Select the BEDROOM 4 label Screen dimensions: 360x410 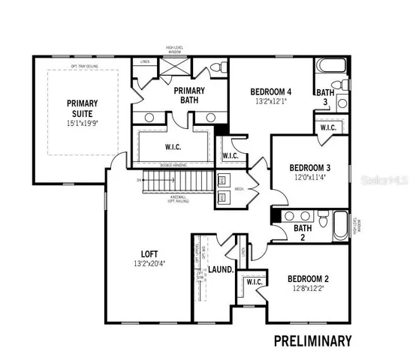click(270, 92)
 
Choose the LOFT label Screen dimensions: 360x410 click(146, 253)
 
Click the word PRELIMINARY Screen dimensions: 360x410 click(312, 341)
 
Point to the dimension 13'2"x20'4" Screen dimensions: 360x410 click(146, 263)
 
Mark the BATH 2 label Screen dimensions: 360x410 click(303, 233)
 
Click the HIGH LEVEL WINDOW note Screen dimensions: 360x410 click(177, 50)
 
